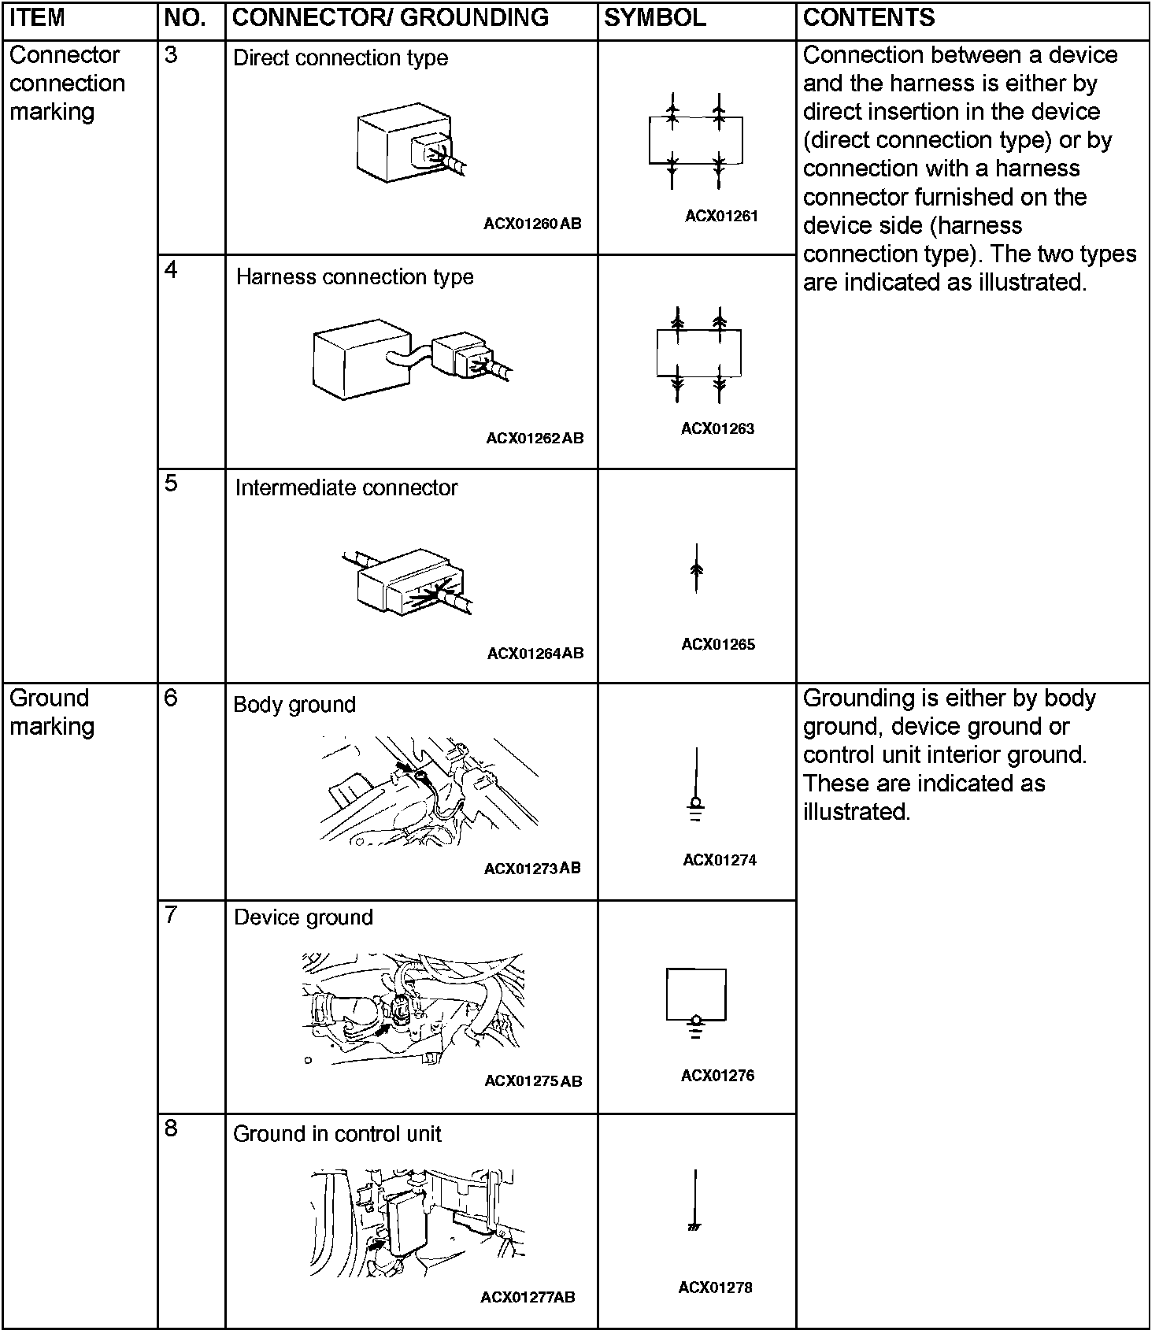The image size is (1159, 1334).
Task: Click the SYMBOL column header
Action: coord(654,17)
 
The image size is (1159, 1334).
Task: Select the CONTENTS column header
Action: coord(868,17)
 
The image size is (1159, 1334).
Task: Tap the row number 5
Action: coord(172,483)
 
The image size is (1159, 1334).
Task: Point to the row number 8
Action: coord(172,1128)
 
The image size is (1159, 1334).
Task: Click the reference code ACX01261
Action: coord(721,216)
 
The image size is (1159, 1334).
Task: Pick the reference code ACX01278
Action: coord(715,1288)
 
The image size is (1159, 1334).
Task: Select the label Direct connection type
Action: coord(340,57)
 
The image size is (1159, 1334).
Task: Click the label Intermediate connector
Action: coord(346,487)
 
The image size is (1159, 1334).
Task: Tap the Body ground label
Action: coord(294,704)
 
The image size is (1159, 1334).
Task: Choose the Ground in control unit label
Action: coord(337,1133)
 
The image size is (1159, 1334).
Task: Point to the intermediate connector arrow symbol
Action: coord(696,569)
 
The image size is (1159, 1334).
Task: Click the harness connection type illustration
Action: coord(412,359)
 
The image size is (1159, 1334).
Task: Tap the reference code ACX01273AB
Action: coord(532,868)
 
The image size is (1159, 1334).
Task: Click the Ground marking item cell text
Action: coord(52,712)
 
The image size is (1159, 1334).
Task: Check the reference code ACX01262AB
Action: coord(535,438)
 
